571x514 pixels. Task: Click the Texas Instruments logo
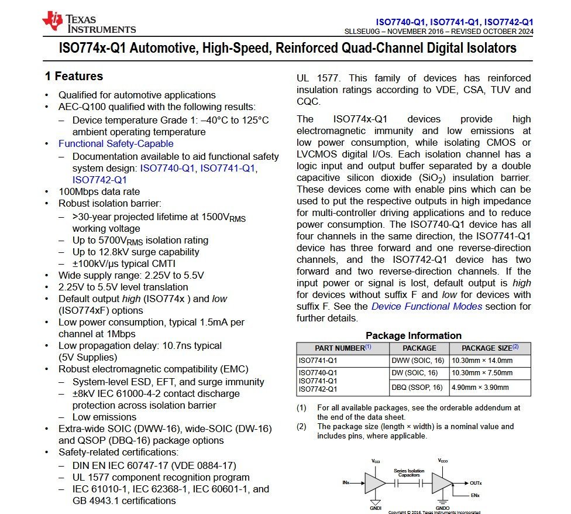pyautogui.click(x=88, y=22)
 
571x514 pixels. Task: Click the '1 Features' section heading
pyautogui.click(x=74, y=77)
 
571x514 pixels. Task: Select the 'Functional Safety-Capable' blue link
pyautogui.click(x=116, y=143)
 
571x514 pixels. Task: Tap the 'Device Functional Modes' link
pyautogui.click(x=426, y=306)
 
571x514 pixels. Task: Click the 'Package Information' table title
pyautogui.click(x=413, y=335)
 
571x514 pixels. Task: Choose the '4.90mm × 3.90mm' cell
pyautogui.click(x=480, y=387)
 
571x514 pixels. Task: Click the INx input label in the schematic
pyautogui.click(x=346, y=483)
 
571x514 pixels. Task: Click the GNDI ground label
pyautogui.click(x=376, y=507)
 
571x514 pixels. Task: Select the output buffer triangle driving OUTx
pyautogui.click(x=442, y=483)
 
